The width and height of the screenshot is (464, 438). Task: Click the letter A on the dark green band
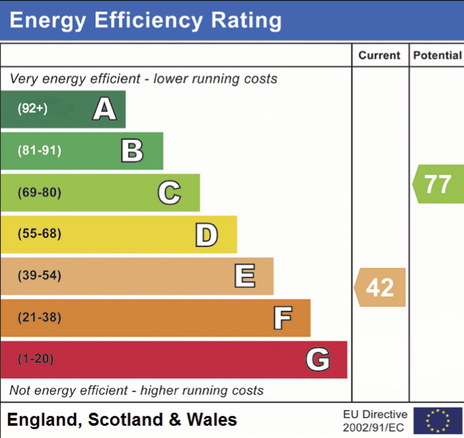click(x=105, y=109)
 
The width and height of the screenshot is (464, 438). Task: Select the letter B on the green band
click(x=132, y=151)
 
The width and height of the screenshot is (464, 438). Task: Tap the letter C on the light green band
click(x=169, y=193)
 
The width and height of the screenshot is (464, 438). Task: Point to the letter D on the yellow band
click(x=207, y=235)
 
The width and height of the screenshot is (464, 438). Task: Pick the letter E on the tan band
click(x=245, y=276)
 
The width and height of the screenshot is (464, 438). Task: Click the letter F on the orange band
click(x=283, y=318)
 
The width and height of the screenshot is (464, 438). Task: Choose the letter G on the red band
click(x=318, y=360)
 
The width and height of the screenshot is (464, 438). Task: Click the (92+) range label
click(x=32, y=109)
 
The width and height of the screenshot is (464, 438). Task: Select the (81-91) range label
click(x=39, y=151)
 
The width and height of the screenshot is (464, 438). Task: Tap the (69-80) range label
click(x=39, y=193)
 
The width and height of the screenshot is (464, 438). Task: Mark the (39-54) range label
click(x=39, y=276)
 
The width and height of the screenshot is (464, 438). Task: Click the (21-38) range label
click(x=39, y=318)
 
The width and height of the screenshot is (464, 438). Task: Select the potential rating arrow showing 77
click(x=438, y=184)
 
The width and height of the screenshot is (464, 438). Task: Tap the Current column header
click(x=380, y=55)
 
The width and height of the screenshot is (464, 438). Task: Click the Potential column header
click(x=437, y=55)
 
